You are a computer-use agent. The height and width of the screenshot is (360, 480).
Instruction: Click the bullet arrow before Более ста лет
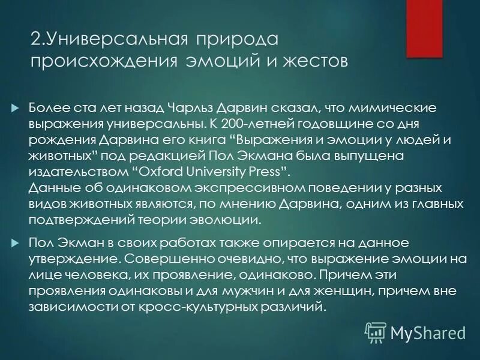[16, 108]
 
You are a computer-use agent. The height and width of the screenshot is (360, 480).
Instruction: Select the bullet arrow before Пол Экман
[16, 243]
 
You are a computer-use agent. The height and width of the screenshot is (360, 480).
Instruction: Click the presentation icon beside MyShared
[375, 332]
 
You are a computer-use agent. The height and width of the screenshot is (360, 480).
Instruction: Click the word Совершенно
[158, 259]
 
